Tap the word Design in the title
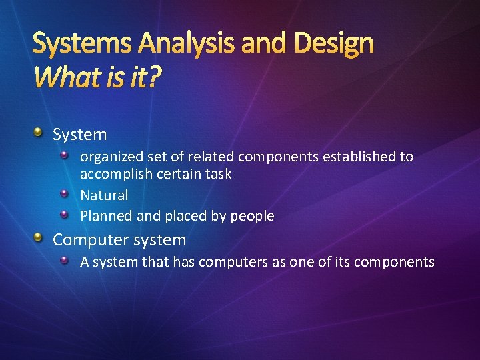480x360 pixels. (x=333, y=44)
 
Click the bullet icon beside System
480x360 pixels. (x=39, y=133)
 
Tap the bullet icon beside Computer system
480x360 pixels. (x=39, y=238)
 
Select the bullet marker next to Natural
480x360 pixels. (x=64, y=194)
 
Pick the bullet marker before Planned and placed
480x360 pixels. (x=64, y=215)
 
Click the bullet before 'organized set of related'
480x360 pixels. (x=64, y=155)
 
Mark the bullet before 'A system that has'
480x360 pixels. (x=64, y=261)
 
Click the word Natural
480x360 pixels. (x=104, y=195)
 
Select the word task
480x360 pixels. (x=218, y=174)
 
